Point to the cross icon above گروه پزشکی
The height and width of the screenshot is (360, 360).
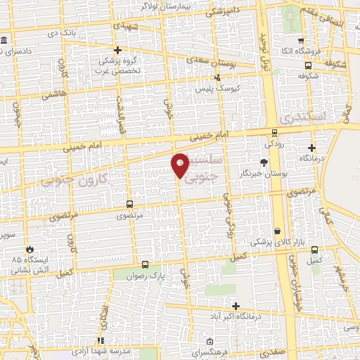click(118, 50)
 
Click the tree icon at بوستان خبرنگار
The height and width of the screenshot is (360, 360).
click(264, 162)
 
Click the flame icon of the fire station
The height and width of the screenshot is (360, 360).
click(30, 249)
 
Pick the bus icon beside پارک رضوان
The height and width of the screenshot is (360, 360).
click(145, 265)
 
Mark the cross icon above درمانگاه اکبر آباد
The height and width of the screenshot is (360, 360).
click(236, 306)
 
